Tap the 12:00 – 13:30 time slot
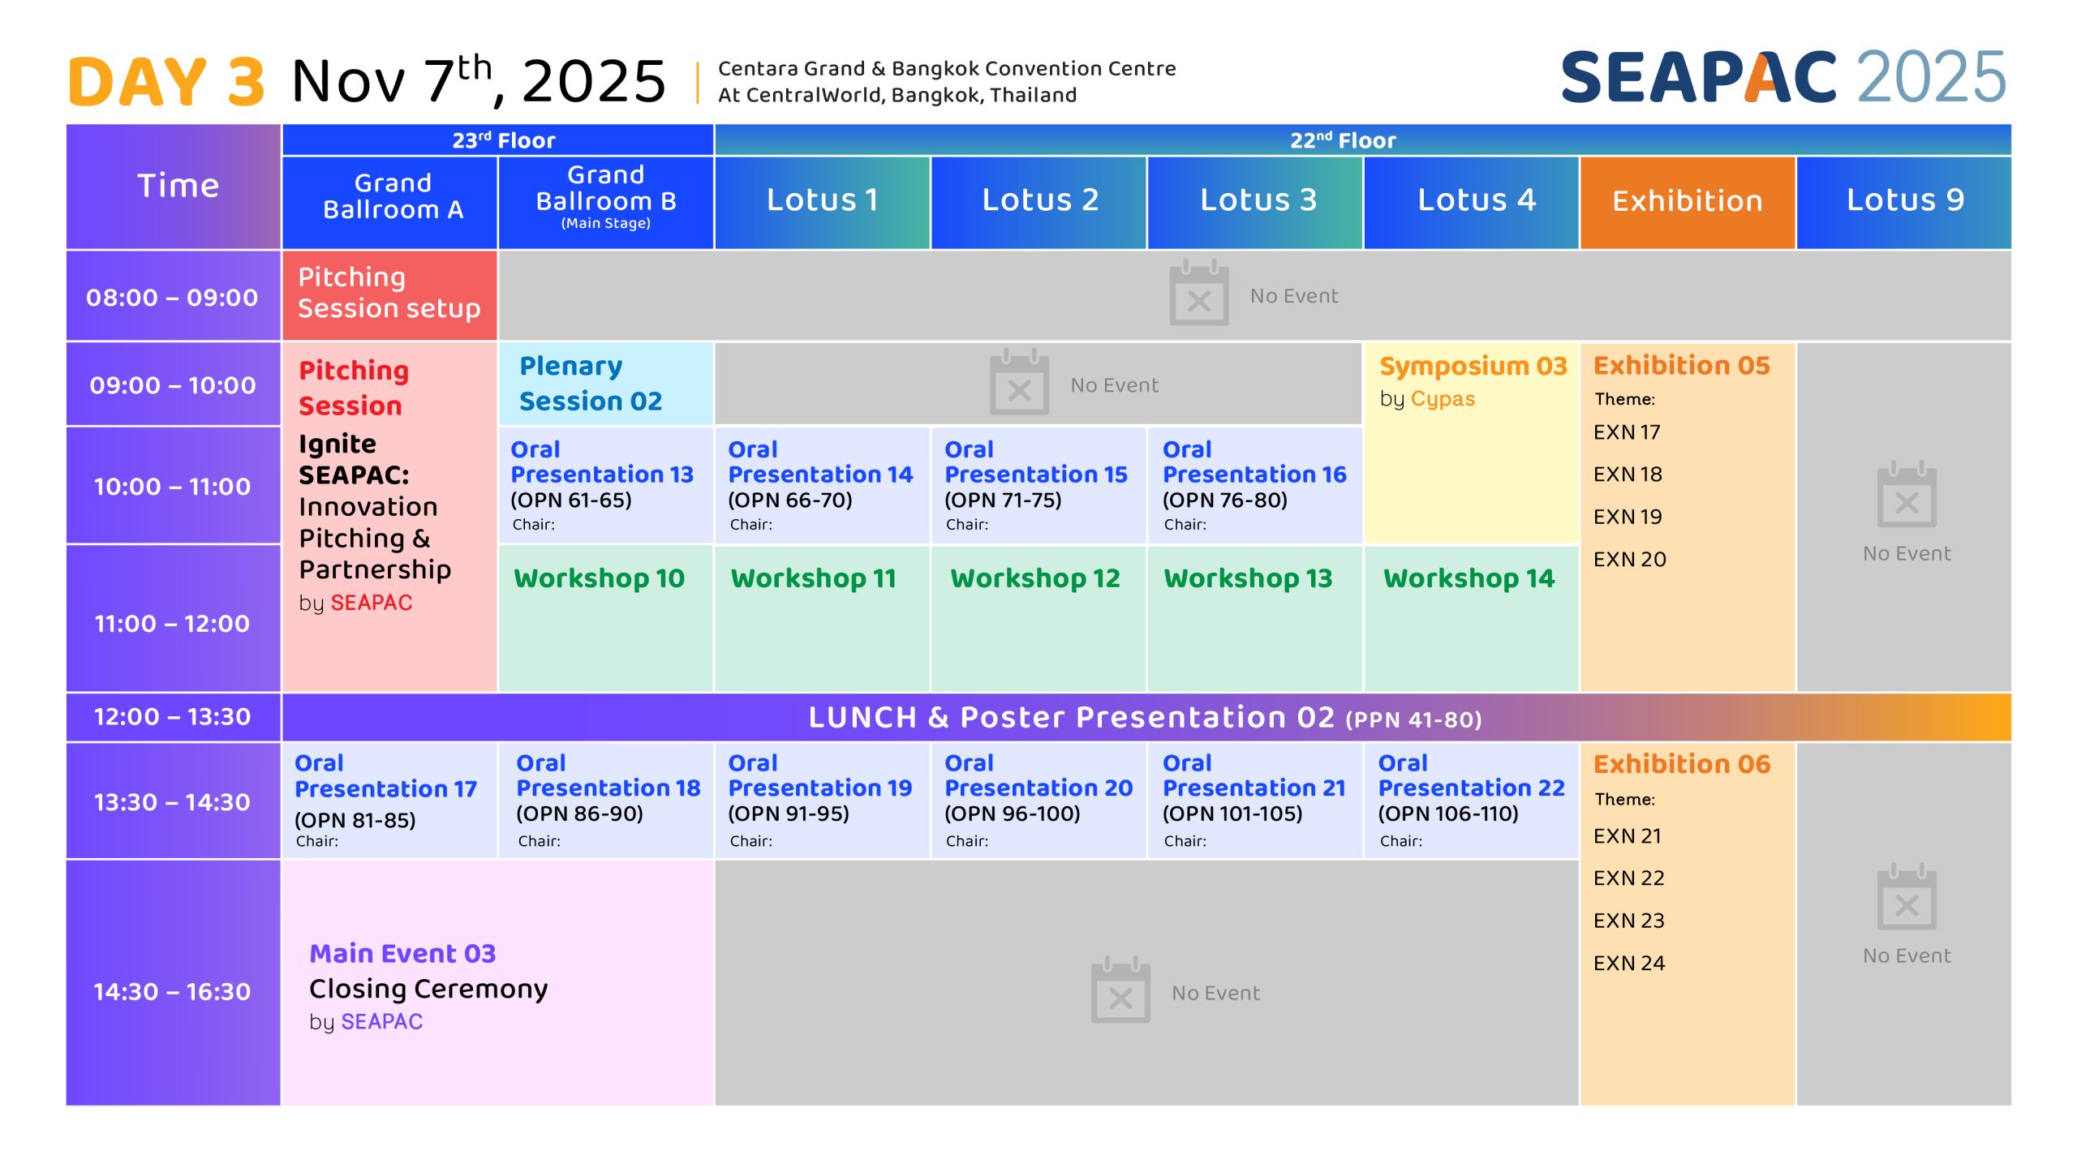click(x=173, y=717)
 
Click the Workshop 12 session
click(x=1038, y=618)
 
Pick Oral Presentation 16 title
click(x=1254, y=462)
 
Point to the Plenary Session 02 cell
click(x=606, y=384)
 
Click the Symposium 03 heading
click(x=1473, y=367)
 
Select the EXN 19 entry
click(x=1628, y=517)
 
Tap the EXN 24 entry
click(x=1629, y=963)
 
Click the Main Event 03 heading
click(x=402, y=953)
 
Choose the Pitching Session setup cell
click(x=389, y=295)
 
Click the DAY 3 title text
click(x=166, y=82)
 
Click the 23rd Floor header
click(x=504, y=140)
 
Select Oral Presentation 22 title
click(x=1472, y=775)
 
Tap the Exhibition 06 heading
click(x=1682, y=764)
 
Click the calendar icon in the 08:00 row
click(x=1198, y=293)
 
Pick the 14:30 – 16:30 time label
click(x=172, y=991)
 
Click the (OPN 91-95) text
click(x=789, y=814)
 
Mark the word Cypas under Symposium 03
click(x=1443, y=400)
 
